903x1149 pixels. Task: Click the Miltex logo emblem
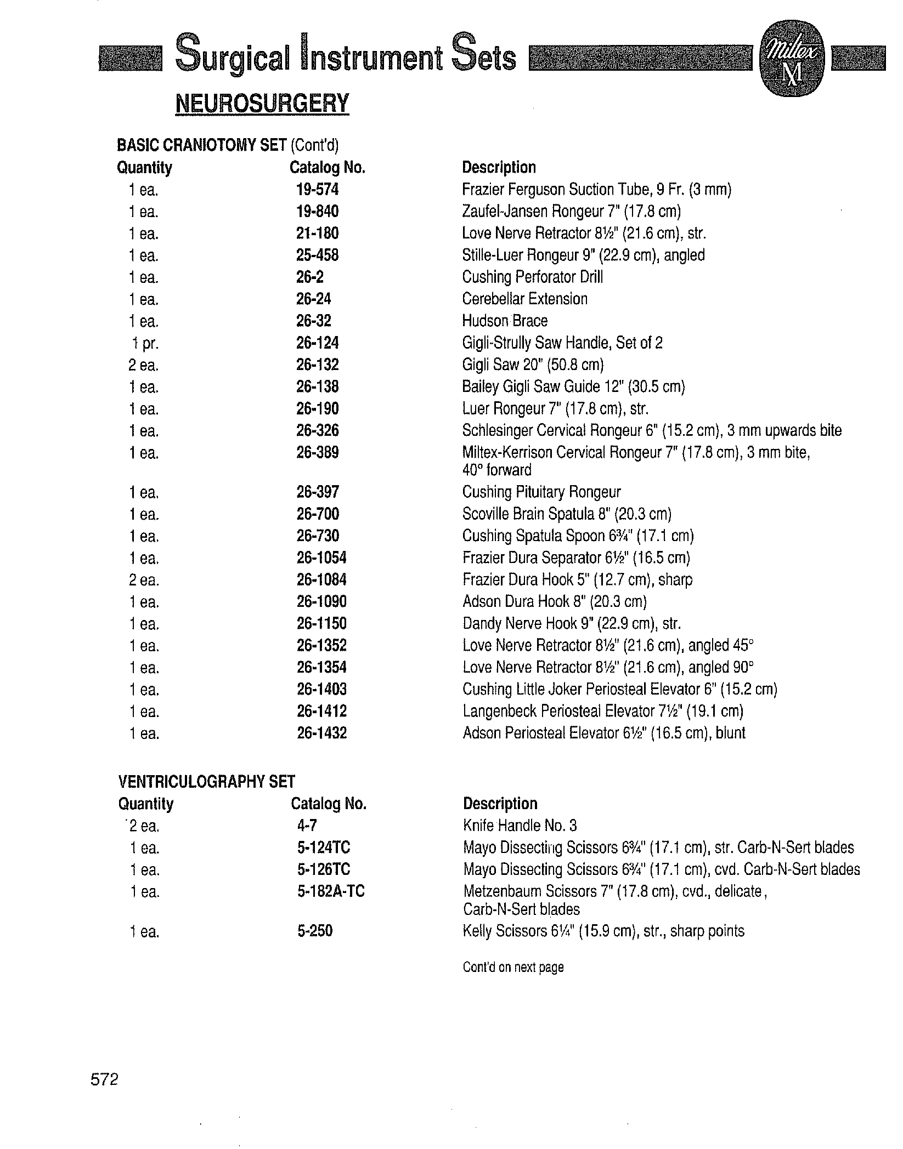(x=791, y=65)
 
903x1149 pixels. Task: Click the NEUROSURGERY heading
(x=262, y=104)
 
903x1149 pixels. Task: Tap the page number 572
(x=104, y=1079)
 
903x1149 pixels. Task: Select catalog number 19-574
(x=318, y=190)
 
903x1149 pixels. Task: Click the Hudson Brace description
(x=505, y=321)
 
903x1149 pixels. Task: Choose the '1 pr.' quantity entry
(x=144, y=344)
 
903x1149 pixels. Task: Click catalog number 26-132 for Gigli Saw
(x=318, y=365)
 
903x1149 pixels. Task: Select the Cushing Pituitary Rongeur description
(x=541, y=492)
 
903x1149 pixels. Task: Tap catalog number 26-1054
(x=321, y=558)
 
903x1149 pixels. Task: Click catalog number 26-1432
(x=321, y=733)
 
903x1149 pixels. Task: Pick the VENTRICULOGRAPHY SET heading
(x=207, y=782)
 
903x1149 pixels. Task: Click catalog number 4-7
(x=307, y=826)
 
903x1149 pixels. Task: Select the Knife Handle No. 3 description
(x=520, y=826)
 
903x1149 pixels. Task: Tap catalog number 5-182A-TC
(x=331, y=891)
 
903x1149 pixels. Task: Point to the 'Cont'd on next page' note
(x=513, y=967)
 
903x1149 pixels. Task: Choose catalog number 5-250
(x=315, y=931)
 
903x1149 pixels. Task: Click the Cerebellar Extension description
(x=525, y=299)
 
